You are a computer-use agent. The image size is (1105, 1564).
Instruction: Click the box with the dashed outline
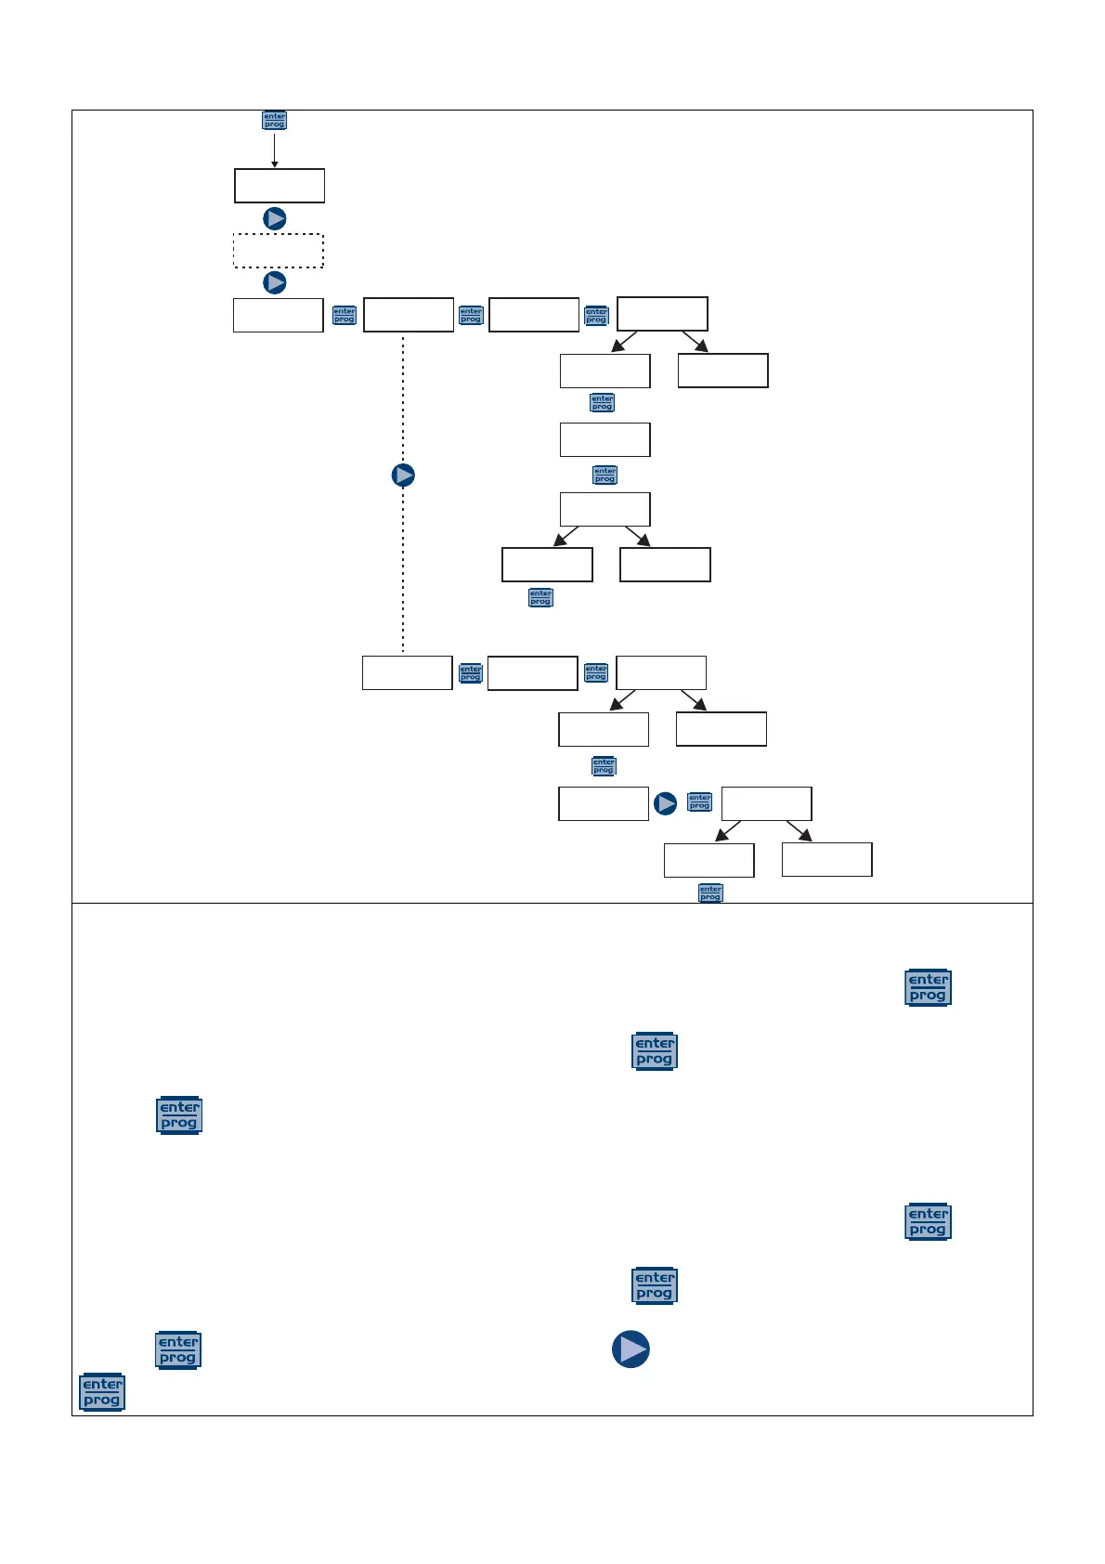pos(278,251)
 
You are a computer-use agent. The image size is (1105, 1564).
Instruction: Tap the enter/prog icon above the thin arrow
pos(274,121)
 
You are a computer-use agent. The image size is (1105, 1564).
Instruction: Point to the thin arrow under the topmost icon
pos(274,150)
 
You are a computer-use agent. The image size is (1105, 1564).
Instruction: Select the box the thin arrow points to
pos(279,186)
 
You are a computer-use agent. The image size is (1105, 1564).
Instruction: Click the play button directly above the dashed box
pos(275,218)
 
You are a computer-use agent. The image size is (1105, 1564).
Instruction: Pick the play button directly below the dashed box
pos(275,282)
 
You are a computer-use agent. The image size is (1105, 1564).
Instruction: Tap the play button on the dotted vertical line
pos(403,476)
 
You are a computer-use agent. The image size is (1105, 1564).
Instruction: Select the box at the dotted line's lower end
pos(407,672)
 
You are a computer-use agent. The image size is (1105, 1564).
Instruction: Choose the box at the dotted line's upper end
pos(409,315)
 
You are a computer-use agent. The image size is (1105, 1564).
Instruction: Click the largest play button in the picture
pos(630,1349)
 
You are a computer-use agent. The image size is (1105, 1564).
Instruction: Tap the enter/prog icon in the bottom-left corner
pos(102,1392)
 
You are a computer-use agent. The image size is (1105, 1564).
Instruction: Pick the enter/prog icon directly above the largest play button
pos(654,1285)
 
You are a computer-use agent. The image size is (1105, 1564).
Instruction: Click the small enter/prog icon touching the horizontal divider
pos(710,893)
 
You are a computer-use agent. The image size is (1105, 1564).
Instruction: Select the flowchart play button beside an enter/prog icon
pos(665,803)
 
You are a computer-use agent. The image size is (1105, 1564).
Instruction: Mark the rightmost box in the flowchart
pos(826,859)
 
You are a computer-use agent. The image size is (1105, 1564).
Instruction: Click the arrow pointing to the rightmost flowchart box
pos(799,831)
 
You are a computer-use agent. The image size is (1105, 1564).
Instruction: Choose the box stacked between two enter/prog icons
pos(604,439)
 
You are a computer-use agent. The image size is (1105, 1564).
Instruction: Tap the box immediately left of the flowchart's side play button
pos(603,803)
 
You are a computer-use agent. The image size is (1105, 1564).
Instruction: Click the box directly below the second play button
pos(278,315)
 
